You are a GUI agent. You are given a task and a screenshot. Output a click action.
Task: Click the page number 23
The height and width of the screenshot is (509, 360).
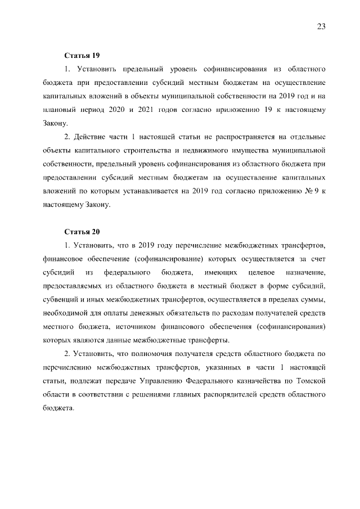[321, 27]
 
